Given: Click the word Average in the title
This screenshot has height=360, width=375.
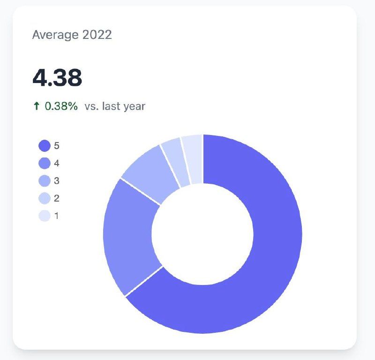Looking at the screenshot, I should (54, 35).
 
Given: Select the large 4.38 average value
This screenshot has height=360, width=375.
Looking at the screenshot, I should (57, 78).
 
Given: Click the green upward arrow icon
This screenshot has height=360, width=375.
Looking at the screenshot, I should (37, 106).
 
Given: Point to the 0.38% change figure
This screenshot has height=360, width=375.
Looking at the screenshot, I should (61, 106).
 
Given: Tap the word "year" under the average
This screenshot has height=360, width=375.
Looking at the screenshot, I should (134, 107).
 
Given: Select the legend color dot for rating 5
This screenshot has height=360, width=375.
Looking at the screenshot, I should (44, 146).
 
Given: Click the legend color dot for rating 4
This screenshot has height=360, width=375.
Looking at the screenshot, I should (44, 164).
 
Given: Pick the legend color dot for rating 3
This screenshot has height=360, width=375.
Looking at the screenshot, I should (44, 181).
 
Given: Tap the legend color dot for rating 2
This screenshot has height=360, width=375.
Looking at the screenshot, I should (44, 198).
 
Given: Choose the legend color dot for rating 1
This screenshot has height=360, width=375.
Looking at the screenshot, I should (44, 216).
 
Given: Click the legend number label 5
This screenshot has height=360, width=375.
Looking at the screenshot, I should (57, 146).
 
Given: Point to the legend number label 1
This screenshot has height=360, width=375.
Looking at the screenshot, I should (57, 216).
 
